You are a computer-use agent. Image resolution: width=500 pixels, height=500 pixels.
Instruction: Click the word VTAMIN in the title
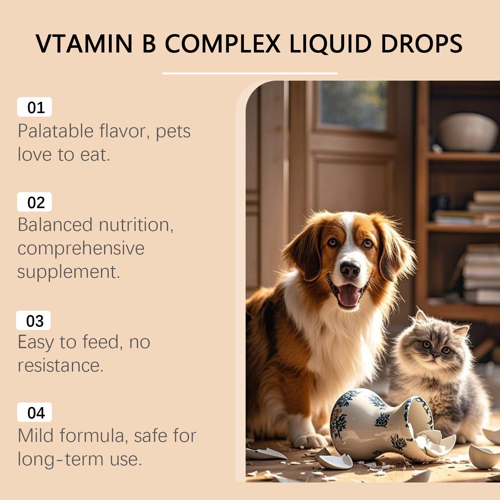point(84,43)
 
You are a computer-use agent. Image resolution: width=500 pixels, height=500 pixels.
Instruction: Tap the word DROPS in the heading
point(422,43)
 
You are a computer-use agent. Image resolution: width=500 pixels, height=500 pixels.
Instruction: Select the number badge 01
point(34,107)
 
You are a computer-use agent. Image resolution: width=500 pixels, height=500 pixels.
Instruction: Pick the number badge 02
point(34,202)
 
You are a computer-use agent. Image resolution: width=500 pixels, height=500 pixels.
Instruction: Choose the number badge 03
point(33,320)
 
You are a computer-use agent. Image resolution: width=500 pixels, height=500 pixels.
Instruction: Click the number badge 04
point(34,412)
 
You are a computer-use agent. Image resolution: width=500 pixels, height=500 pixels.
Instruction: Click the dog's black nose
point(350,269)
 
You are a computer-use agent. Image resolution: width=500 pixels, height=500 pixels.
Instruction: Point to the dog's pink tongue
point(348,295)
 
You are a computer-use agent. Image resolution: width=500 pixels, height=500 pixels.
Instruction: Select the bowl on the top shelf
point(467,132)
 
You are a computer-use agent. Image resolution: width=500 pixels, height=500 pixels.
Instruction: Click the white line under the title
point(250,73)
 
